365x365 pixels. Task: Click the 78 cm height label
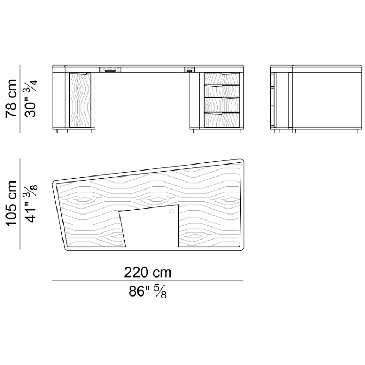click(x=11, y=99)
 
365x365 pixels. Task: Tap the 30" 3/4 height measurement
click(x=31, y=99)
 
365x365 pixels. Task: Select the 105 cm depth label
click(x=11, y=204)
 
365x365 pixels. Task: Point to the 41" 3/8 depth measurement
click(x=31, y=204)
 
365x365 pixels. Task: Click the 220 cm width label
click(x=148, y=272)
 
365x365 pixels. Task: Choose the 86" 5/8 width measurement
click(x=148, y=291)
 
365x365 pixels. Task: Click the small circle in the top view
click(x=172, y=211)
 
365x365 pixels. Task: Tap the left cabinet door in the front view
click(x=80, y=100)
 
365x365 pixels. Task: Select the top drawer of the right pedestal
click(x=222, y=79)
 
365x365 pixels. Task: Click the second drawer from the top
click(x=222, y=91)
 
